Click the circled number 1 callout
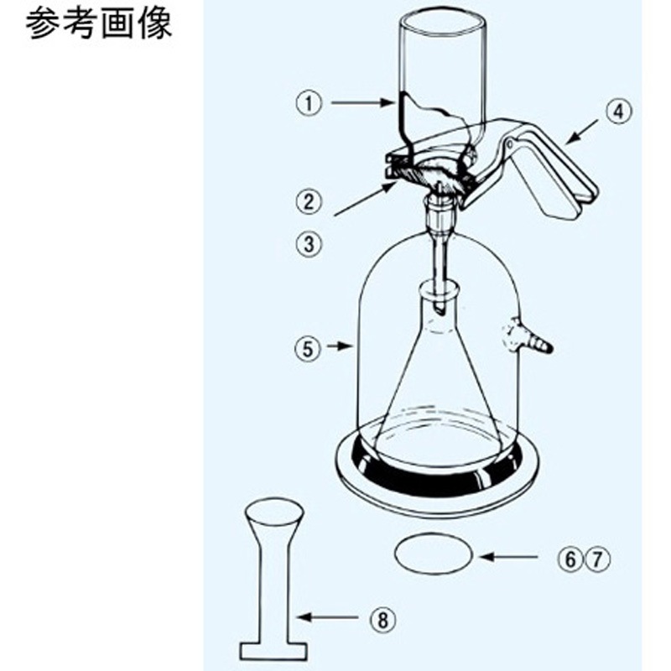coord(309,103)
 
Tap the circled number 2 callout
coord(309,200)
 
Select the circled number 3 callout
coord(309,244)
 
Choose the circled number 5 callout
coord(308,349)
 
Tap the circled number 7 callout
coord(597,559)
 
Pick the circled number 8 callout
coord(382,619)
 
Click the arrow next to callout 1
coord(362,102)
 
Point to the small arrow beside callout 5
coord(340,346)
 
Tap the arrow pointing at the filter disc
coord(508,557)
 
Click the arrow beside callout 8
coord(326,617)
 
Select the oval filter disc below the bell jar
coord(434,554)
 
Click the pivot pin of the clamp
coord(510,143)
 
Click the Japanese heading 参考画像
coord(99,24)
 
